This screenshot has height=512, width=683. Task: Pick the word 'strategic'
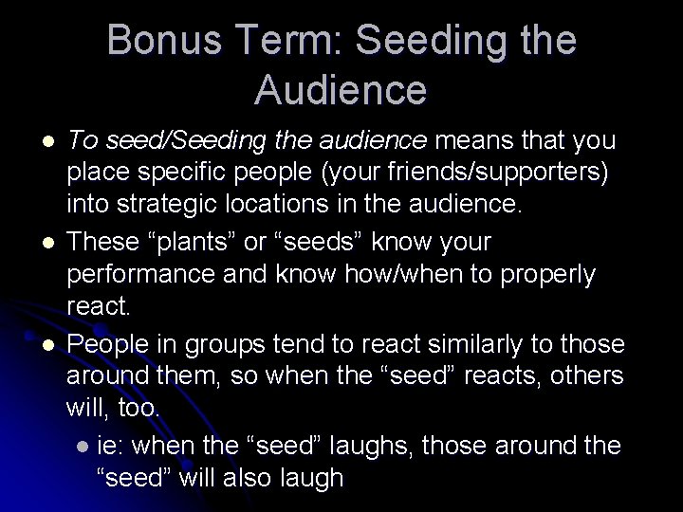pos(176,209)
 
